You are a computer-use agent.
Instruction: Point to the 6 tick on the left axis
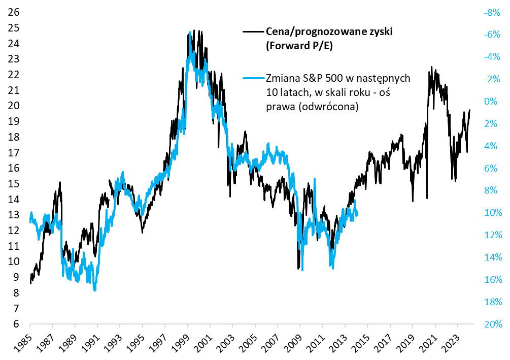click(x=16, y=324)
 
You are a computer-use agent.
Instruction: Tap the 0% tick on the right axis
click(x=494, y=102)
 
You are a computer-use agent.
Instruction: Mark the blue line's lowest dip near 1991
click(x=95, y=289)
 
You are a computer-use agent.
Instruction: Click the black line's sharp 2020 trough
click(x=427, y=198)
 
